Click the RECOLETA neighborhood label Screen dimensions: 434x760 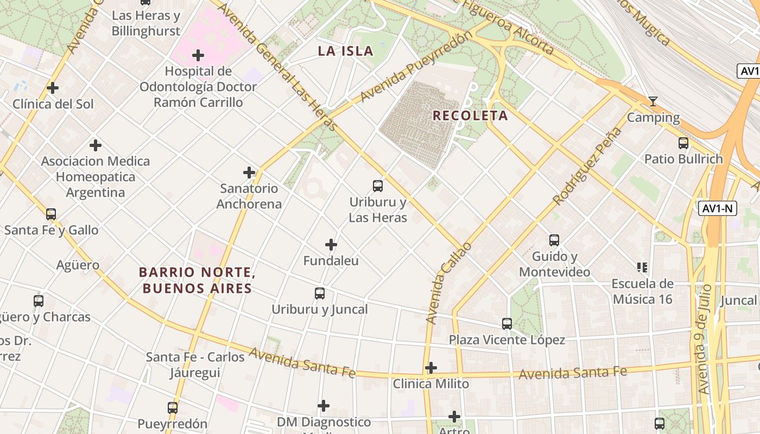tap(470, 116)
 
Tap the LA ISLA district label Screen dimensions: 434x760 tap(345, 52)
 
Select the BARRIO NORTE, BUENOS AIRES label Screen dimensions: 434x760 tap(197, 280)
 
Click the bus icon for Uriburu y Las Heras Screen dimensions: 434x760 tap(378, 186)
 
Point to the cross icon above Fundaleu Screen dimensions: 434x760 tap(331, 245)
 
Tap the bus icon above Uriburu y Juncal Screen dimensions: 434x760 tap(320, 293)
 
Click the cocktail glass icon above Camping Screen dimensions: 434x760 tap(653, 101)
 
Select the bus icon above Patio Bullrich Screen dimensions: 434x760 tap(683, 143)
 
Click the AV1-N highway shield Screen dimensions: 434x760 tap(717, 208)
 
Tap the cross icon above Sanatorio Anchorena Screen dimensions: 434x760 tap(249, 173)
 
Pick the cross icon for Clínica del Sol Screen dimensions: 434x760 tap(53, 87)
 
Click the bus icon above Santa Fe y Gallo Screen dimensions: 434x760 tap(51, 214)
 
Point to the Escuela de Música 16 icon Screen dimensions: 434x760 tap(642, 267)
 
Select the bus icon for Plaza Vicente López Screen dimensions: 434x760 tap(507, 324)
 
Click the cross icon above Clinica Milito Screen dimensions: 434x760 tap(431, 368)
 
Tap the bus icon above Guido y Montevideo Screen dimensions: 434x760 tap(554, 240)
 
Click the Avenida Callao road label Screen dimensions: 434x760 tap(449, 283)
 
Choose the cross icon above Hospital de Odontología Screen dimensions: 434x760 tap(198, 55)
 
